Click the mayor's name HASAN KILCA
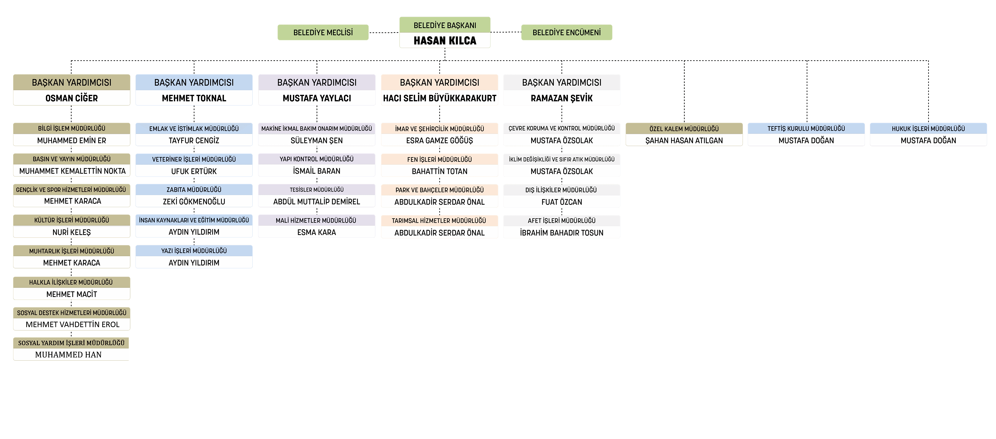pos(445,41)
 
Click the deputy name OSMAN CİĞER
pos(72,98)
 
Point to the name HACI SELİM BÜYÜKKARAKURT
pos(440,98)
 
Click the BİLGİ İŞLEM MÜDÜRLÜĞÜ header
pos(72,128)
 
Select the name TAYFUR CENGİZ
pos(194,140)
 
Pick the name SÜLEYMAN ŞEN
pos(317,140)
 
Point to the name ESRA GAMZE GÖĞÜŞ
pos(440,140)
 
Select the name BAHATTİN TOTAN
pos(440,171)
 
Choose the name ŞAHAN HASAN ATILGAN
pos(684,140)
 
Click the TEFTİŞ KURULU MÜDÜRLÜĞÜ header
pos(806,128)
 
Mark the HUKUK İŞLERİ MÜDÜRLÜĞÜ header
pos(928,128)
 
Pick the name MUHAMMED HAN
pos(69,355)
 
